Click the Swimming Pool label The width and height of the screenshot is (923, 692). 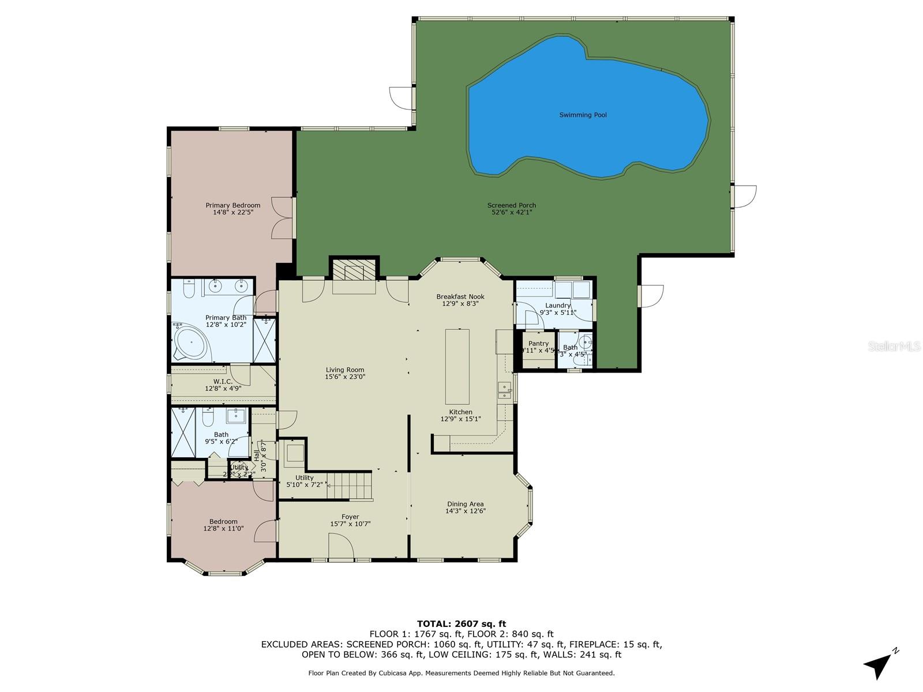(583, 115)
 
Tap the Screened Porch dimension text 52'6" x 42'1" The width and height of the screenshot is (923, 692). (511, 212)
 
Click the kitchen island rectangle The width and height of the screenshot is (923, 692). (457, 366)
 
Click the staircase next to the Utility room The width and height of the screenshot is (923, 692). (350, 486)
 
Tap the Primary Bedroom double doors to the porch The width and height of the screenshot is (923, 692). (282, 217)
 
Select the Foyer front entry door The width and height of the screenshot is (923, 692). (340, 546)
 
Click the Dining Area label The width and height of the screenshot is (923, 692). (464, 504)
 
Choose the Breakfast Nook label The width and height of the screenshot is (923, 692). (460, 296)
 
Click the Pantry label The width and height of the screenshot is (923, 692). (538, 344)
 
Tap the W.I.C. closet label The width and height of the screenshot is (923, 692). (223, 382)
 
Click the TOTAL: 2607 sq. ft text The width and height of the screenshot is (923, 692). (461, 623)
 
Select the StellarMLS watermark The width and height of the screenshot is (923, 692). (897, 346)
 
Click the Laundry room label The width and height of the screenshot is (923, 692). (557, 306)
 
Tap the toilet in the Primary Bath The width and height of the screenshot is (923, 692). (189, 287)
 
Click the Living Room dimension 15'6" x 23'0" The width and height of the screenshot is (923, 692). (345, 377)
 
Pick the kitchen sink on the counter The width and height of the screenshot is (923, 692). (505, 391)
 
